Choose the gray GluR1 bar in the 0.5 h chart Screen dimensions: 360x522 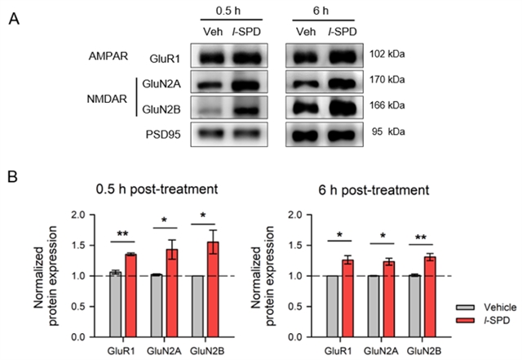115,304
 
